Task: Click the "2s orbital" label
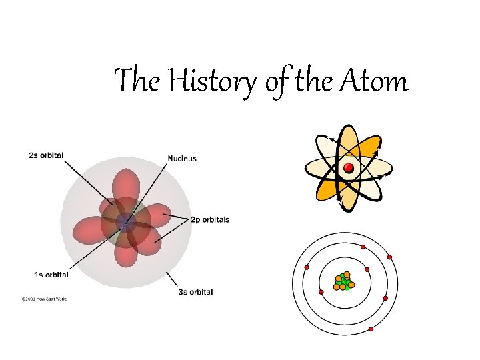point(46,155)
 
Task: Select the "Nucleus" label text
point(182,159)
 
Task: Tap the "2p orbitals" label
point(210,219)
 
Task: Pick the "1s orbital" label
point(51,274)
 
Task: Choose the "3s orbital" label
point(195,292)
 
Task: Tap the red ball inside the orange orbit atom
point(347,167)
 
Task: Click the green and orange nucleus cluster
point(343,281)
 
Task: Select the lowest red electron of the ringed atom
point(371,329)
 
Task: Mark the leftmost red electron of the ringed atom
point(307,268)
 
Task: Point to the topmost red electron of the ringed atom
point(363,247)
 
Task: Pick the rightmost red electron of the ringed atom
point(389,257)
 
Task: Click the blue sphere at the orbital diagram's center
point(124,223)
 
